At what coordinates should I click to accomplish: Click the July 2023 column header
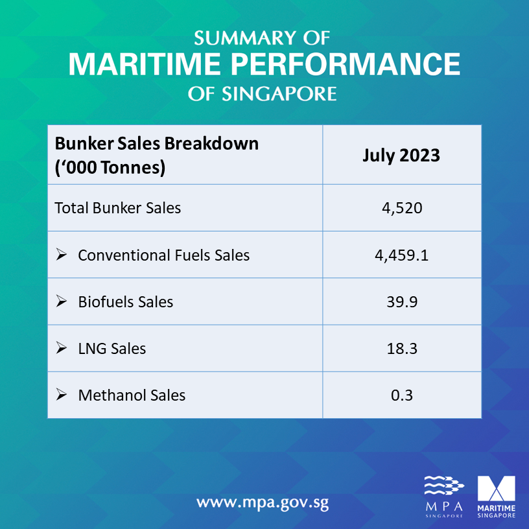click(x=401, y=156)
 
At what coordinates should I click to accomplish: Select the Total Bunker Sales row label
click(x=118, y=208)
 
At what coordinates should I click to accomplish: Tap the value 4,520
click(x=401, y=208)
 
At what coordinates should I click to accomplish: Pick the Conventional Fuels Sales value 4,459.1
click(x=401, y=255)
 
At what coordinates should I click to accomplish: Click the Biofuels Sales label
click(x=125, y=301)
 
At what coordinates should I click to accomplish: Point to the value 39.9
click(x=401, y=301)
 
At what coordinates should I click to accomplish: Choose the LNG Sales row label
click(x=112, y=348)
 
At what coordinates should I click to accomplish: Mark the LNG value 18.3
click(x=401, y=348)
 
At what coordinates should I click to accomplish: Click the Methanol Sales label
click(x=132, y=395)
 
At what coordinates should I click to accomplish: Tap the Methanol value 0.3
click(x=401, y=395)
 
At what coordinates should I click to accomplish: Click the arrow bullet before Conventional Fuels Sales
click(x=62, y=255)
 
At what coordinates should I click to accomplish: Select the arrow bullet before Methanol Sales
click(x=62, y=395)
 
